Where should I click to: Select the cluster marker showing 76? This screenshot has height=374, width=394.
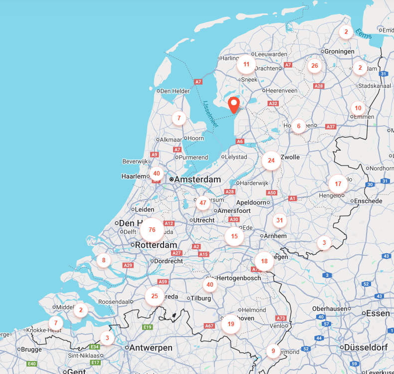click(x=152, y=230)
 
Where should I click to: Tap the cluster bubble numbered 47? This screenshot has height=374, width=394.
click(x=202, y=202)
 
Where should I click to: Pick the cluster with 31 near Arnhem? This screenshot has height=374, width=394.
click(x=279, y=220)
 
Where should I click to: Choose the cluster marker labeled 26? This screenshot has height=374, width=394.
click(x=314, y=65)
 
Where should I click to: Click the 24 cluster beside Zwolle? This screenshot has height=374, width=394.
click(x=271, y=161)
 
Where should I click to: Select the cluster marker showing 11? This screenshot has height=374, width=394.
click(x=246, y=64)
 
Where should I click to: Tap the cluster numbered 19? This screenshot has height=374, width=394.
click(x=230, y=324)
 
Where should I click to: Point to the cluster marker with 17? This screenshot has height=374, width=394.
click(x=338, y=184)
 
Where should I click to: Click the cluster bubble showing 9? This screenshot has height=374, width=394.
click(x=273, y=351)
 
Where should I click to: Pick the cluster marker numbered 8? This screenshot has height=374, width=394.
click(x=104, y=260)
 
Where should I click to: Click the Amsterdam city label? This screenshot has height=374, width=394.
click(x=198, y=180)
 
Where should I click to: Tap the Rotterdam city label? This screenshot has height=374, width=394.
click(x=157, y=245)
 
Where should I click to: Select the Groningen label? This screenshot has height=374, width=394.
click(x=339, y=51)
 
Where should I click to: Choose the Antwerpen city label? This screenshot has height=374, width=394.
click(x=151, y=348)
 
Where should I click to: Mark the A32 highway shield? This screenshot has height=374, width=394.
click(x=273, y=103)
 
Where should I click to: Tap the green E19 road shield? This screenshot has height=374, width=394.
click(x=147, y=327)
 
